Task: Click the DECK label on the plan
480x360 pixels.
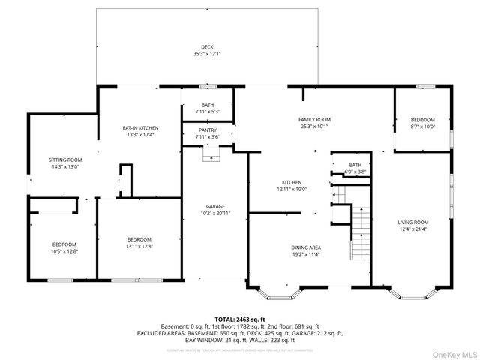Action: coord(207,46)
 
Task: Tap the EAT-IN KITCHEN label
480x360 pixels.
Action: coord(140,128)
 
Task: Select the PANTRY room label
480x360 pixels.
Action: coord(208,130)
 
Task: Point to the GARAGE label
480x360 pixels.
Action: coord(216,206)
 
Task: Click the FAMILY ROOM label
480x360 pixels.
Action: coord(315,119)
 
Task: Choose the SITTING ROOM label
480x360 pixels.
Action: coord(64,160)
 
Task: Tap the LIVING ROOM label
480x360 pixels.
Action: coord(412,222)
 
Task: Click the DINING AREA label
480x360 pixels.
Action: coord(306,247)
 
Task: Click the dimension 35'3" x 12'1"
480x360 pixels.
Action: coord(207,54)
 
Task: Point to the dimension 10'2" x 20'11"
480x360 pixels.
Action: coord(216,214)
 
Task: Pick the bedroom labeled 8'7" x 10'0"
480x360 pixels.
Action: coord(421,124)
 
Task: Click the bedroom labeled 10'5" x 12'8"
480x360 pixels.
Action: coord(64,248)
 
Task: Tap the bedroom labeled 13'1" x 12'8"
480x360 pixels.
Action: coord(139,242)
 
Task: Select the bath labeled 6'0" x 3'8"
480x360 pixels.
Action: coord(355,168)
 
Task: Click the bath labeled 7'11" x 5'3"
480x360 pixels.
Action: coord(208,109)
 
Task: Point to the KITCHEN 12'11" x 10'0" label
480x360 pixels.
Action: coord(291,186)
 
